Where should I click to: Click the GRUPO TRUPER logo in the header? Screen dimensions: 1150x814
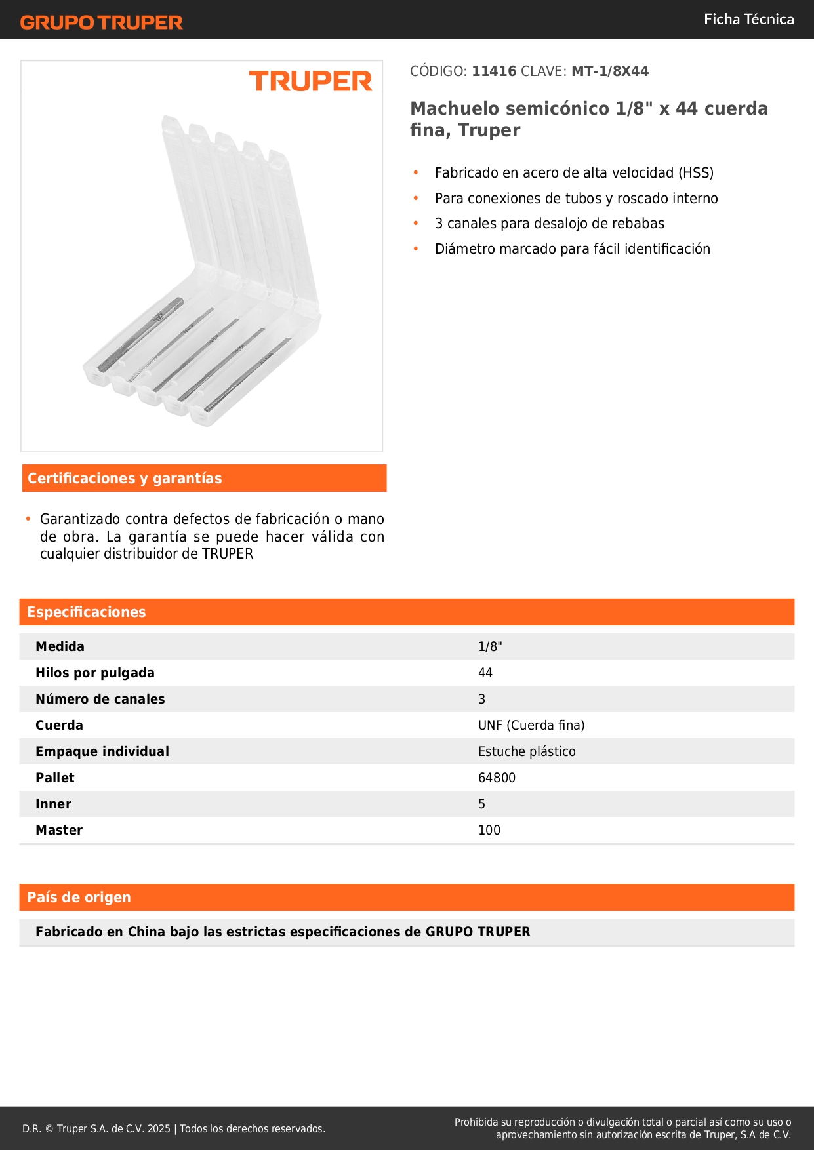(101, 22)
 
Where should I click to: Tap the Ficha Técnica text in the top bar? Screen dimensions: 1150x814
(748, 20)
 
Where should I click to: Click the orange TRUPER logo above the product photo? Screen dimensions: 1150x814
(310, 81)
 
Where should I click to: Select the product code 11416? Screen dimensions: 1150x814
(494, 71)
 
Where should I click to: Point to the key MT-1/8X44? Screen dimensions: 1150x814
(610, 71)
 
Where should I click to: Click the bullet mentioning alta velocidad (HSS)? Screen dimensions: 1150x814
(574, 173)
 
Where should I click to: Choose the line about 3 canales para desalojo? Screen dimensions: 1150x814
(549, 224)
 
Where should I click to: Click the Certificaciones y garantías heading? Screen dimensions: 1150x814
(125, 479)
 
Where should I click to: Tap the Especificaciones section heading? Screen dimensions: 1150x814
(87, 612)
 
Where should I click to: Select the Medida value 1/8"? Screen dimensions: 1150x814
(490, 647)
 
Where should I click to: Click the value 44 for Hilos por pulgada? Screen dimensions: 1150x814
(485, 673)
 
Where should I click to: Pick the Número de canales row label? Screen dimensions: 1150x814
(100, 700)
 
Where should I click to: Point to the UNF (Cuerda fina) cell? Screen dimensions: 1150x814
(531, 726)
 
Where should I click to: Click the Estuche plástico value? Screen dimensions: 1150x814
(527, 752)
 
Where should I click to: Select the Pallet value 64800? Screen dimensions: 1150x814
(497, 778)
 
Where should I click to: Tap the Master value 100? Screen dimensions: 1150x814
(489, 831)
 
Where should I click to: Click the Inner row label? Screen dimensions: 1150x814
(54, 804)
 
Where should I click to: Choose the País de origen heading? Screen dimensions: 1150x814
(79, 898)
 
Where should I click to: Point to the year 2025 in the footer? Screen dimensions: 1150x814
(159, 1129)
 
